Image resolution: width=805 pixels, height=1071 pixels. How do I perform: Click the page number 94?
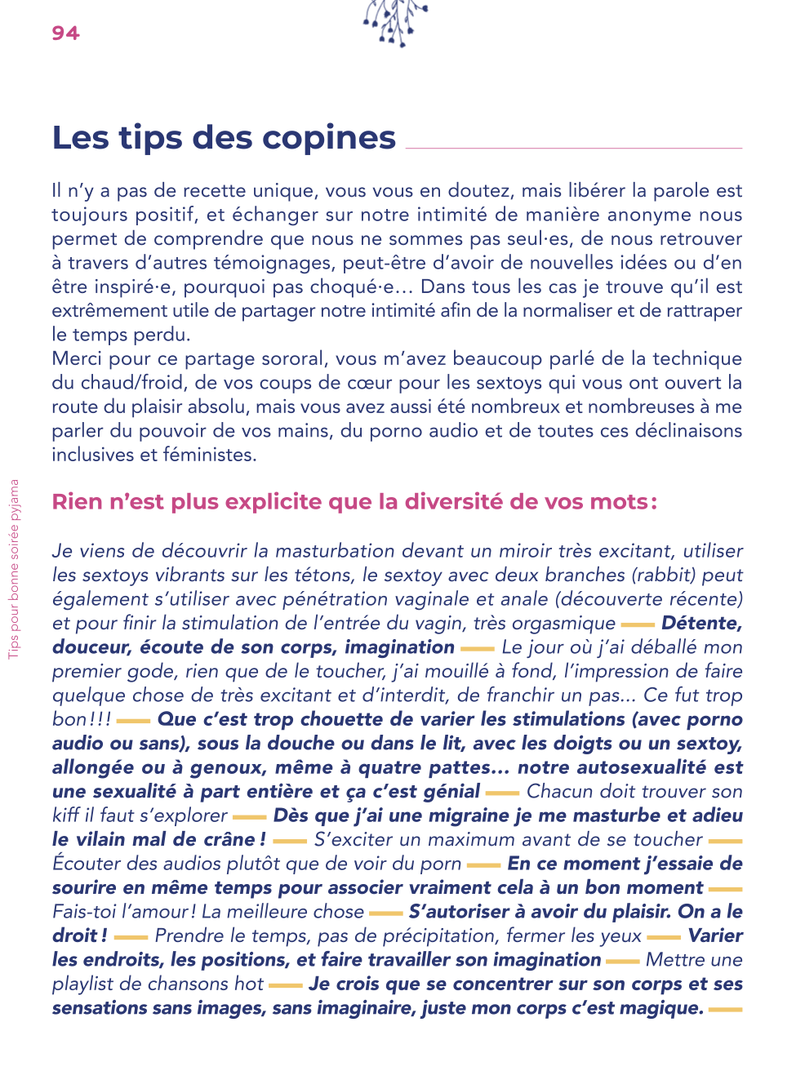coord(65,33)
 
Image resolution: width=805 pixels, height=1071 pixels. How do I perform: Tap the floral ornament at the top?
coord(396,21)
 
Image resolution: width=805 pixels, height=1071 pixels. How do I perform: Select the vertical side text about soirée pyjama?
coord(14,568)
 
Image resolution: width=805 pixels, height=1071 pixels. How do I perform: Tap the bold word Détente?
coord(701,623)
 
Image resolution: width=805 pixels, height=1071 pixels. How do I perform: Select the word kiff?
coord(64,815)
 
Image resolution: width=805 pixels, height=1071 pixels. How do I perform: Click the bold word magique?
coord(660,1008)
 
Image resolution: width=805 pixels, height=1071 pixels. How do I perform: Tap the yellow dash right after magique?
coord(725,1010)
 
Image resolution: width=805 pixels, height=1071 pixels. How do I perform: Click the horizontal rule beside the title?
coord(573,148)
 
